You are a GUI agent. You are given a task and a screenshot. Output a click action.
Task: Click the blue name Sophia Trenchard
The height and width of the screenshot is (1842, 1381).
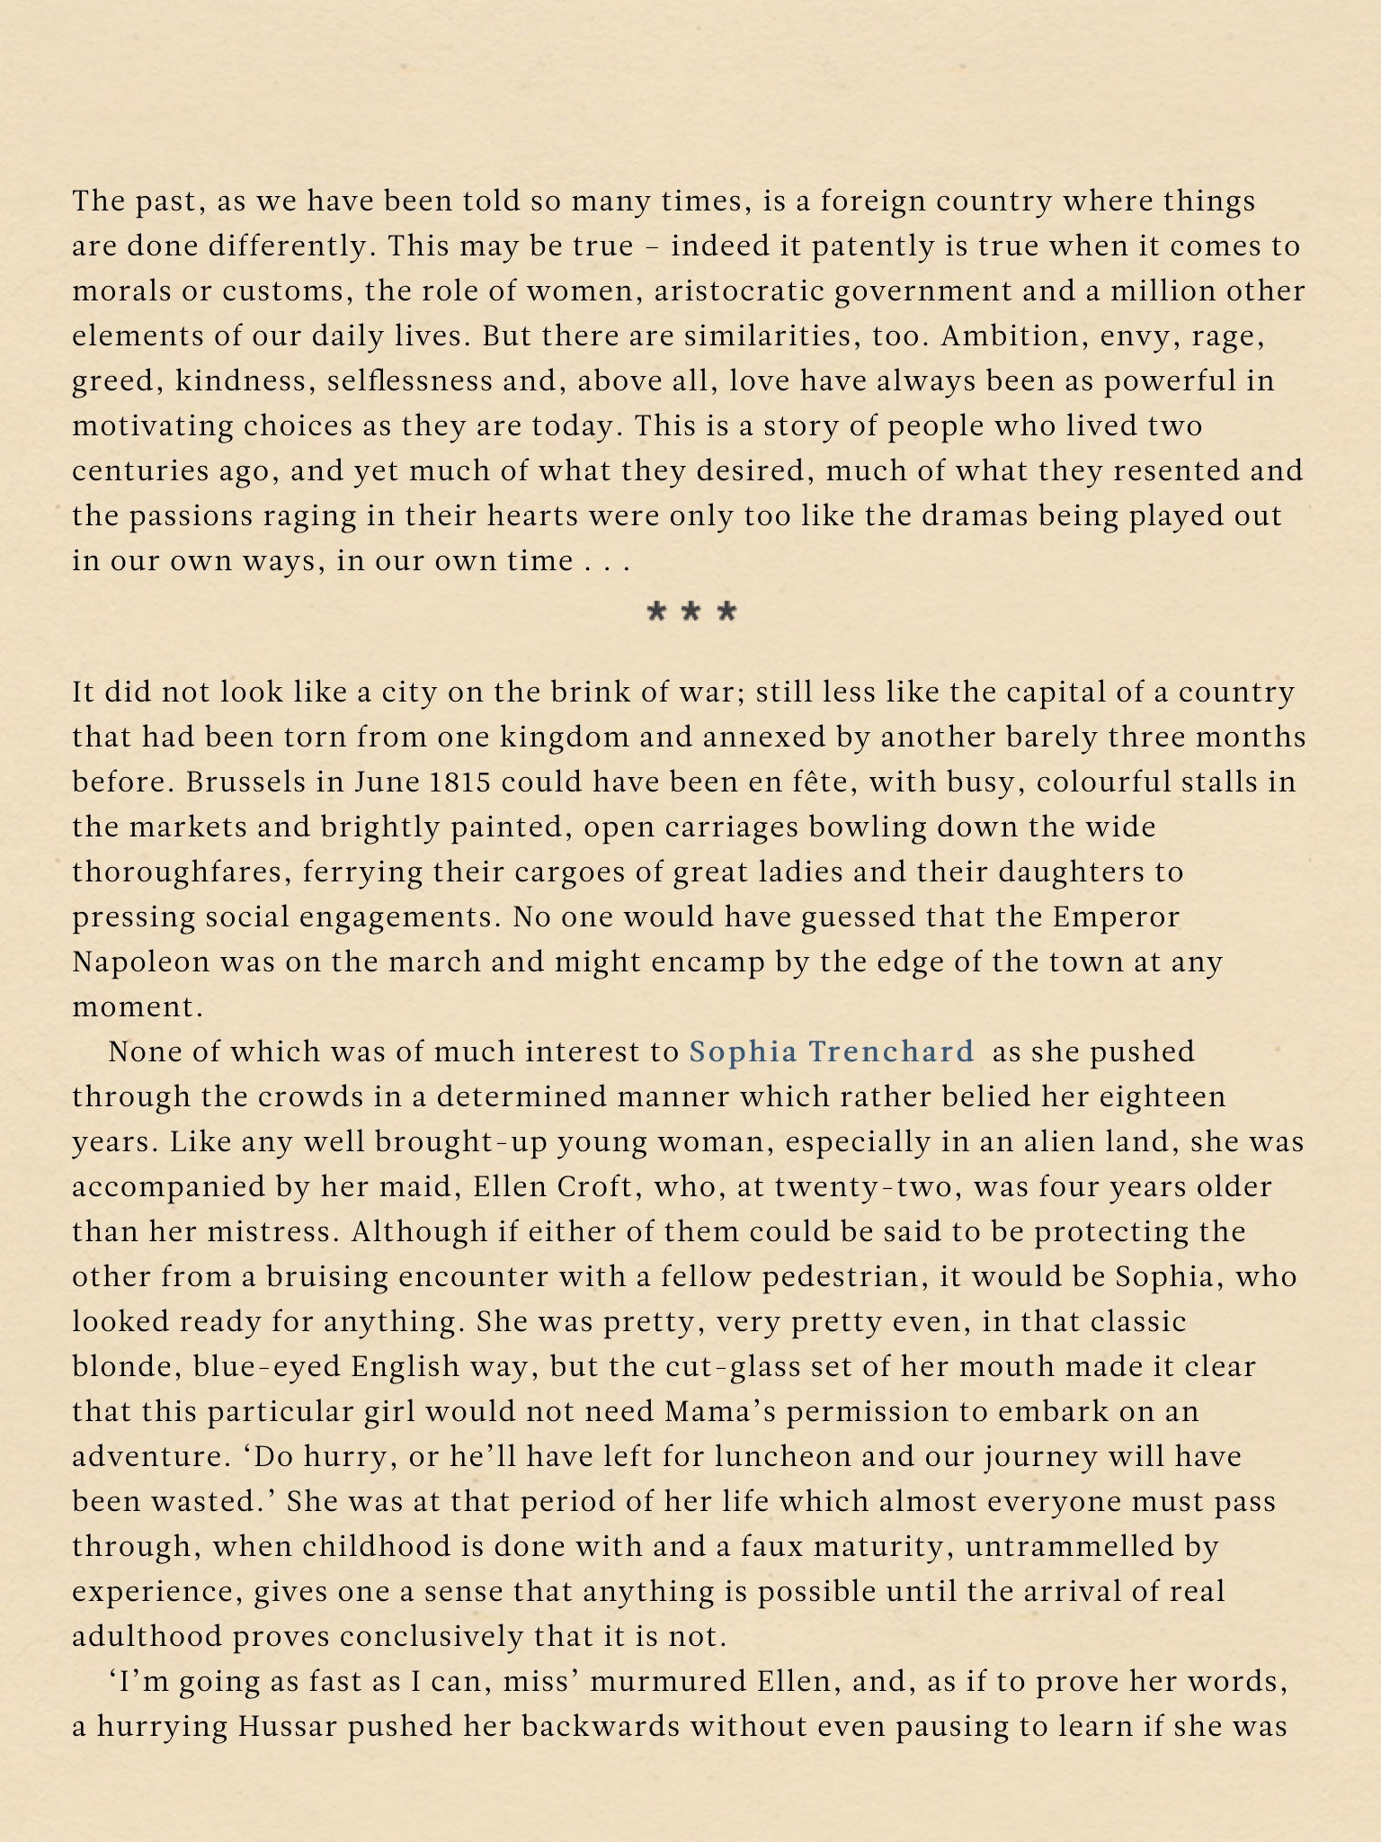point(832,1051)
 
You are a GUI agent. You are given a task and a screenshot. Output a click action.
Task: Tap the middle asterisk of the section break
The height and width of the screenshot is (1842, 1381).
point(691,613)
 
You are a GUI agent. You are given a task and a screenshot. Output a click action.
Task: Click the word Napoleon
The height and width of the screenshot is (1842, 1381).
point(140,962)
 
